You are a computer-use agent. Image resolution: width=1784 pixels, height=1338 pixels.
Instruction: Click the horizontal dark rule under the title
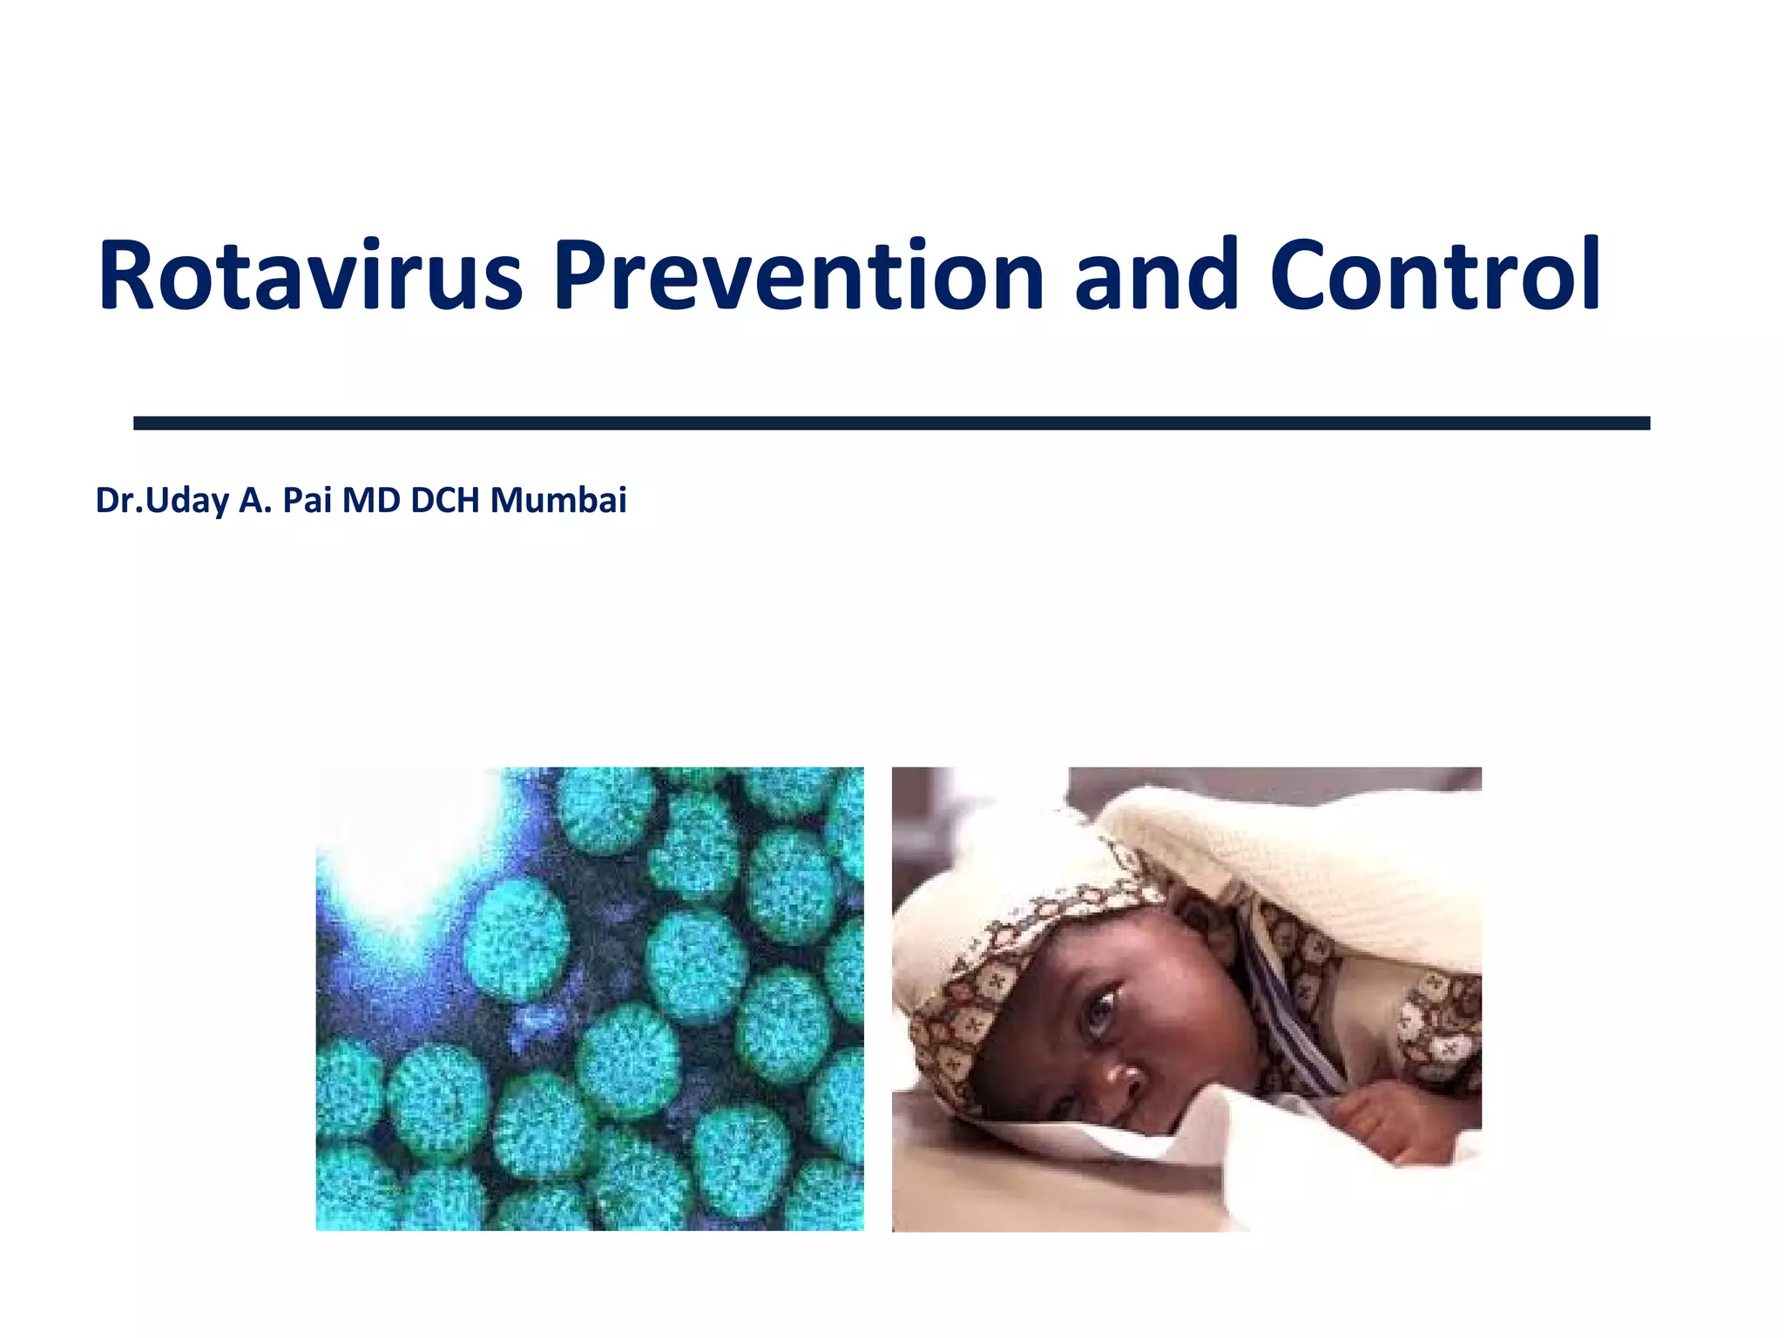[x=891, y=423]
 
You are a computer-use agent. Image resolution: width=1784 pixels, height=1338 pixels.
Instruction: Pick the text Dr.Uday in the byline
[x=162, y=501]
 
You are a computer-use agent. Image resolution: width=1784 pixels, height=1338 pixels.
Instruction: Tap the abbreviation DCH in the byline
[x=445, y=500]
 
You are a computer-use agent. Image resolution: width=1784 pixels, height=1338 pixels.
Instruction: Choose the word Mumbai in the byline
[x=558, y=500]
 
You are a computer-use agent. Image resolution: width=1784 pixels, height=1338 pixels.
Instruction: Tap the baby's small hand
[x=1385, y=1124]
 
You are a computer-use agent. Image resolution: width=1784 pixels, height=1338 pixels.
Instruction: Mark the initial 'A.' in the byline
[x=255, y=500]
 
